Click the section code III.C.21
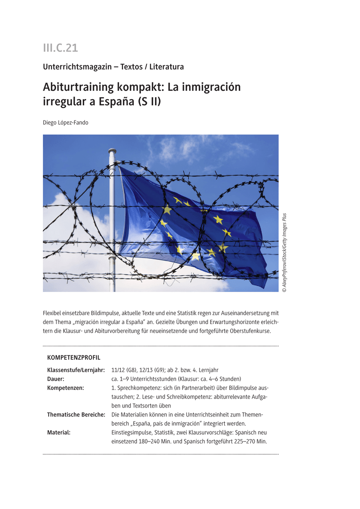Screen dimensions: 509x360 point(60,48)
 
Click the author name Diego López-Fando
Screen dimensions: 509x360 point(66,123)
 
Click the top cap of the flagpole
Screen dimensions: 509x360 point(112,151)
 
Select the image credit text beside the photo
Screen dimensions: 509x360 point(284,252)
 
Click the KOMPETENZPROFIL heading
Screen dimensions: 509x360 point(74,358)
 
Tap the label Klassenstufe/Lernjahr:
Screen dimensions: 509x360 point(76,370)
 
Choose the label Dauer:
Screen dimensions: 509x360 point(56,379)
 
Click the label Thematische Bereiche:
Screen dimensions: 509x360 point(76,414)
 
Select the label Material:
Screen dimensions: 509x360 point(59,432)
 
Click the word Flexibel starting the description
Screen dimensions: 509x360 point(53,313)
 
